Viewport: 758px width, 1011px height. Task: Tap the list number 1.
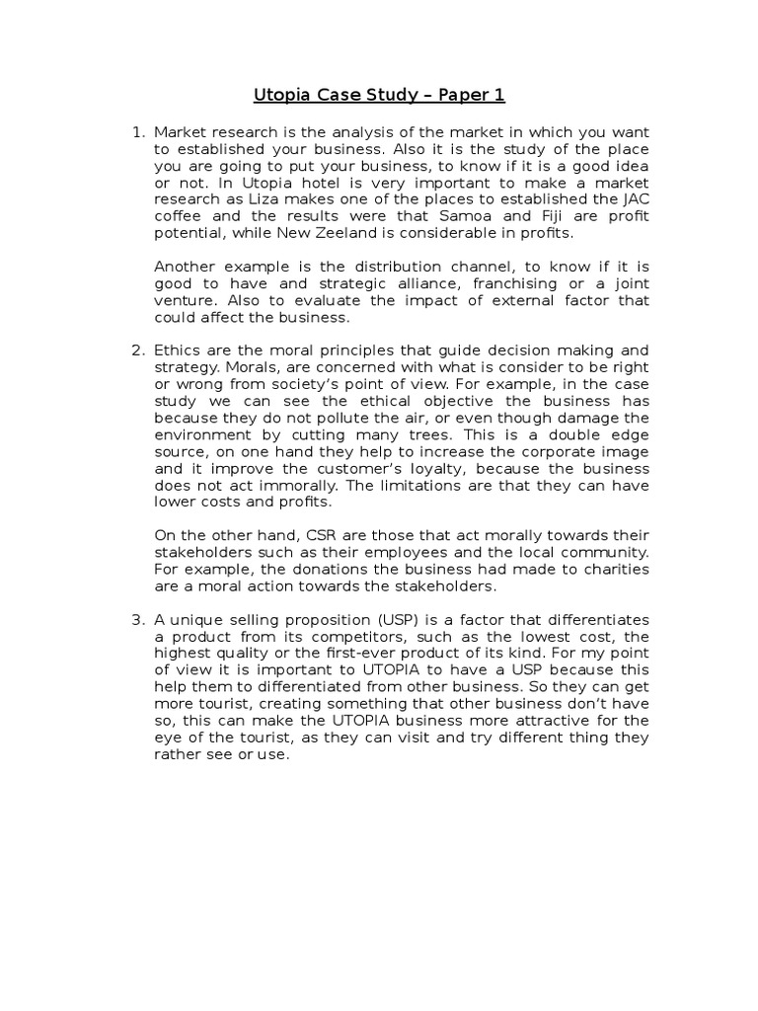pos(136,132)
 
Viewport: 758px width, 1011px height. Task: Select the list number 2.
pos(136,350)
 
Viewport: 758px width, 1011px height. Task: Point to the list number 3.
pos(136,619)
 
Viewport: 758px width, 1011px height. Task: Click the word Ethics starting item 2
pos(178,350)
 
